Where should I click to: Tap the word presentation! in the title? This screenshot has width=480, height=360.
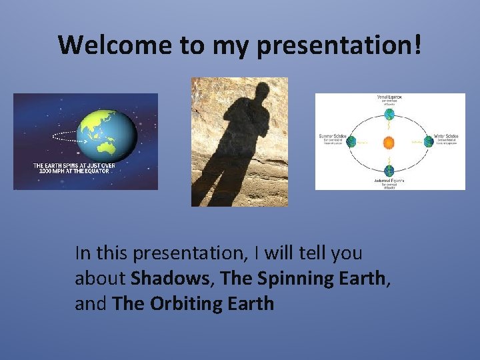339,45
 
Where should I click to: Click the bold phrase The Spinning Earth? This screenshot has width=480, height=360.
303,279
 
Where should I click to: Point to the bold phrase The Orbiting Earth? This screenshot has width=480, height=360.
193,304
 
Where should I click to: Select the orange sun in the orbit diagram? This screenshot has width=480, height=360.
389,141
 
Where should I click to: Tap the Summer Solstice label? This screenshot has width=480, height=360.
332,136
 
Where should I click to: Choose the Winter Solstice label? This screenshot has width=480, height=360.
445,136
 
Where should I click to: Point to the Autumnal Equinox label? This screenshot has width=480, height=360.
389,181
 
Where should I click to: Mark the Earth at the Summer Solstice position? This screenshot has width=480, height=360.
351,141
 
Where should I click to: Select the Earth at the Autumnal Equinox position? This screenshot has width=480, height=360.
389,169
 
